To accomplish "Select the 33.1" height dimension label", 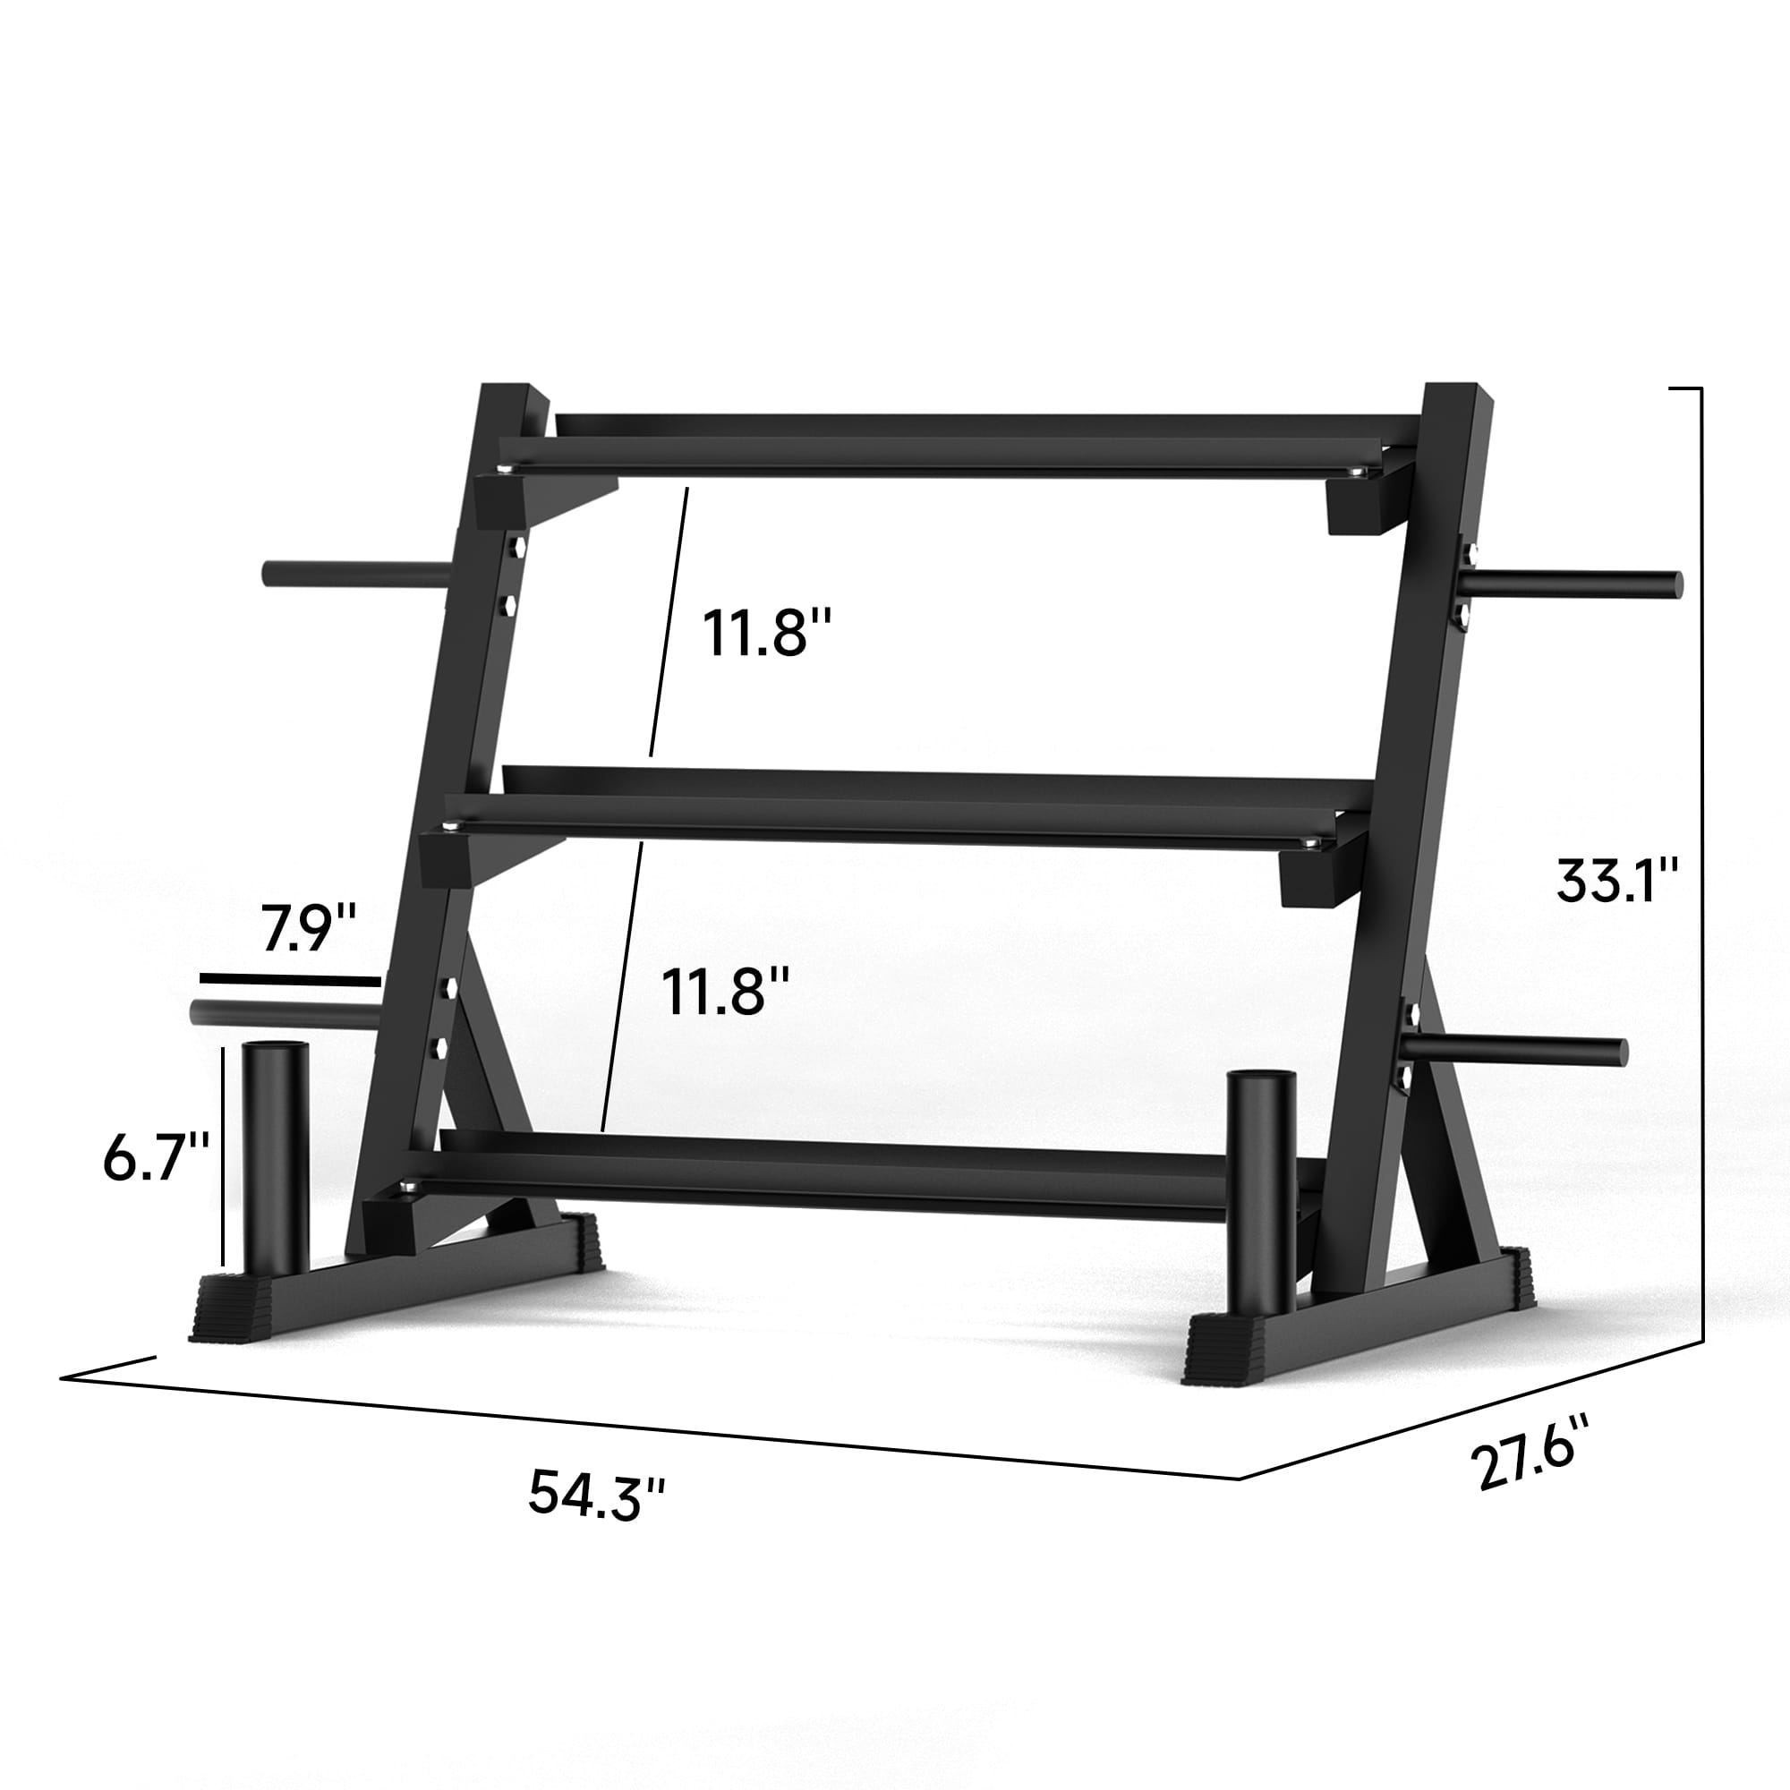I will pyautogui.click(x=1616, y=880).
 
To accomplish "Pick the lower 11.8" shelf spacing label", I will pyautogui.click(x=726, y=993).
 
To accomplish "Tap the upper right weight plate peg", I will pyautogui.click(x=1575, y=584).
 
